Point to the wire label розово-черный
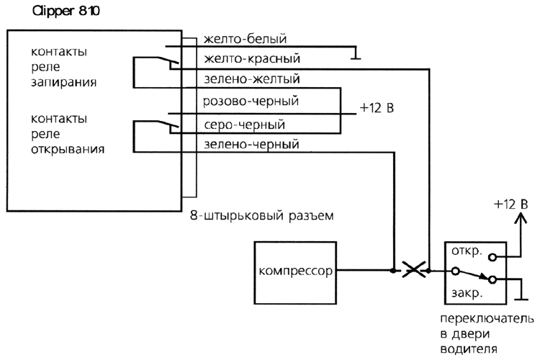point(251,102)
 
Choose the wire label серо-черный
point(244,124)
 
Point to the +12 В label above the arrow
point(511,204)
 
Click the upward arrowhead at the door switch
point(516,220)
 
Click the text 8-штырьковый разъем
point(261,215)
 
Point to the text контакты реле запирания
point(59,68)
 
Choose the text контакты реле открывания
point(68,133)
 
